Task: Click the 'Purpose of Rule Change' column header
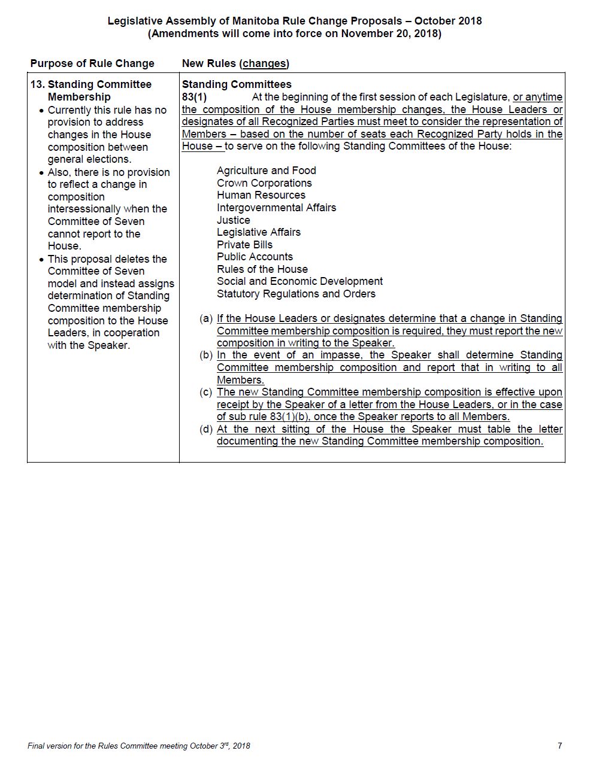click(92, 63)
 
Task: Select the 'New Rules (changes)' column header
click(235, 63)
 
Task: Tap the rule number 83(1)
click(194, 97)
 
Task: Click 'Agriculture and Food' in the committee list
click(266, 171)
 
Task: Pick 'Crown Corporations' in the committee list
click(264, 183)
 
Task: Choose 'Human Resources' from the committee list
click(261, 195)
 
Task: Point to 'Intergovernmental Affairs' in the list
click(276, 208)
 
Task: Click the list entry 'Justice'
click(233, 220)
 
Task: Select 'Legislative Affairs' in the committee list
click(258, 232)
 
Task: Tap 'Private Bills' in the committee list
click(244, 245)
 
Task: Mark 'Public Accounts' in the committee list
click(255, 257)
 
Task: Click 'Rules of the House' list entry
click(262, 269)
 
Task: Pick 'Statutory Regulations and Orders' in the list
click(296, 294)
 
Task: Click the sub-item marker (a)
click(206, 318)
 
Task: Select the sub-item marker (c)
click(206, 392)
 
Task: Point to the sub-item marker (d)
click(206, 429)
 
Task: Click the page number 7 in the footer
click(559, 746)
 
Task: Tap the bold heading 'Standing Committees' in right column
click(237, 84)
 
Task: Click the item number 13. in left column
click(37, 84)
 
